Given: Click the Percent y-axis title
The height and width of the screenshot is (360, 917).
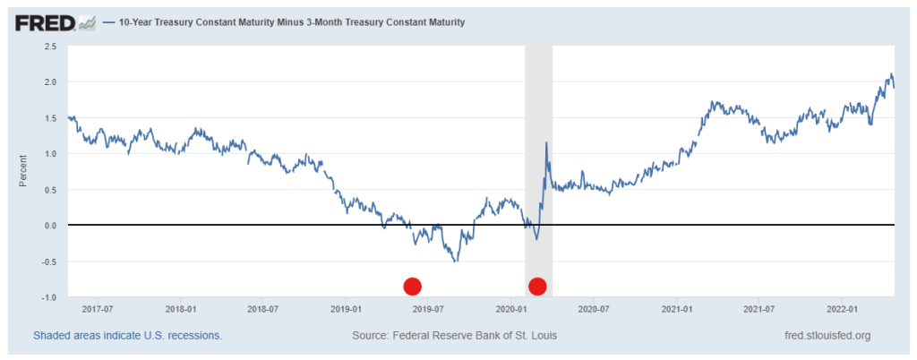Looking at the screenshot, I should [x=24, y=170].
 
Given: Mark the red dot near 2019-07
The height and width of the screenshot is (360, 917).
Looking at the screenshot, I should [x=412, y=287].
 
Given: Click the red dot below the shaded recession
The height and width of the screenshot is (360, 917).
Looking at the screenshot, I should [x=537, y=287].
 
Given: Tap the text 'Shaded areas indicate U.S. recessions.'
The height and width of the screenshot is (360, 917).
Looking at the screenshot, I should [x=127, y=336].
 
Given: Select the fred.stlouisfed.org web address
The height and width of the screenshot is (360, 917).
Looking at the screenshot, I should [x=827, y=336].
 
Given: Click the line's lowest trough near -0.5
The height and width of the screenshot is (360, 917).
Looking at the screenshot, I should [x=456, y=261].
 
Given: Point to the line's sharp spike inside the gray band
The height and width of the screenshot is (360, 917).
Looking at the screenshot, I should [x=546, y=143].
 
